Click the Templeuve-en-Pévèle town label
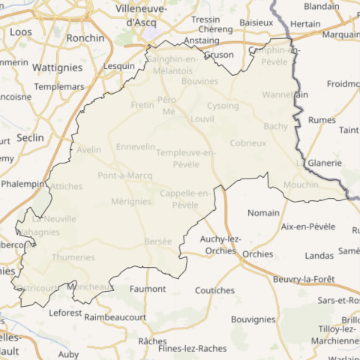(x=185, y=157)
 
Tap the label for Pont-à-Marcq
(x=125, y=175)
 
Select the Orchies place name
(x=257, y=254)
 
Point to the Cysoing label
(x=223, y=106)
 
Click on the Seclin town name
(x=30, y=137)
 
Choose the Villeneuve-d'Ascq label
(x=140, y=16)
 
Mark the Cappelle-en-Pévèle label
(x=184, y=199)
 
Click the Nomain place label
(x=262, y=212)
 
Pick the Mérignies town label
(x=130, y=202)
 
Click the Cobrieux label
(x=248, y=142)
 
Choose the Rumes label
(x=322, y=118)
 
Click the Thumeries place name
(x=73, y=257)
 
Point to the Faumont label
(x=148, y=289)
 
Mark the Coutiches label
(x=214, y=290)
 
